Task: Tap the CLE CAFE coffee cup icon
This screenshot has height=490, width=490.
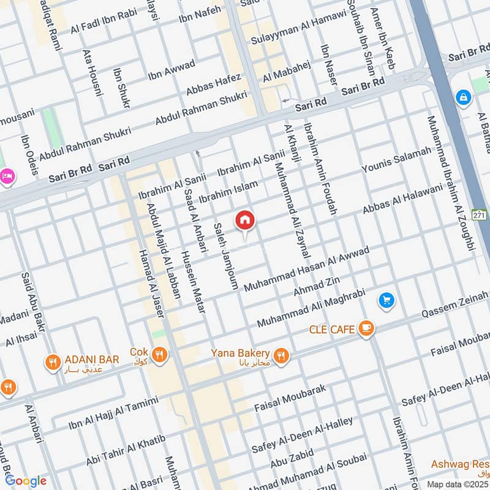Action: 366,330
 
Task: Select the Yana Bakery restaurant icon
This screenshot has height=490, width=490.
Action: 281,355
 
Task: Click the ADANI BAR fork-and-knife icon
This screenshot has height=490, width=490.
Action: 53,363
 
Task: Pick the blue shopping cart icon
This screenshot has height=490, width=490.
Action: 386,300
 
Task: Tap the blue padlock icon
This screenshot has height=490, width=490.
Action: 462,97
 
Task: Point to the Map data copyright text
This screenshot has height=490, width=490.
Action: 456,484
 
